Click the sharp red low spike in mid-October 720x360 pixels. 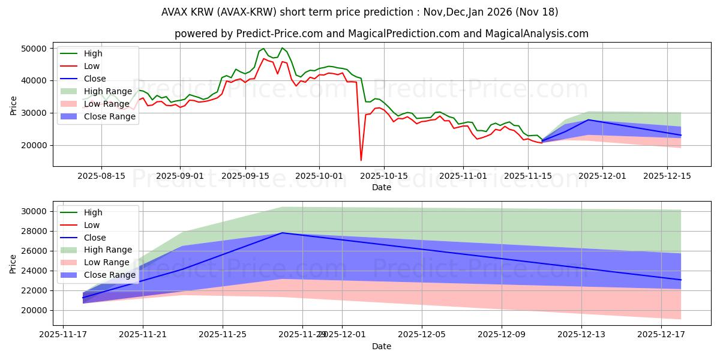[x=361, y=160]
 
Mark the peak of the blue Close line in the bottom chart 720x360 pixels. [x=282, y=233]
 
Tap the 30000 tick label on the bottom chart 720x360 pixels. [x=35, y=211]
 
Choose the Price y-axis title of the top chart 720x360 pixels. [x=13, y=105]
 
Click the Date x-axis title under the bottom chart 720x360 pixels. [x=382, y=346]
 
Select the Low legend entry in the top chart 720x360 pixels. [x=92, y=66]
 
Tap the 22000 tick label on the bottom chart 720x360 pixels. [x=35, y=290]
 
